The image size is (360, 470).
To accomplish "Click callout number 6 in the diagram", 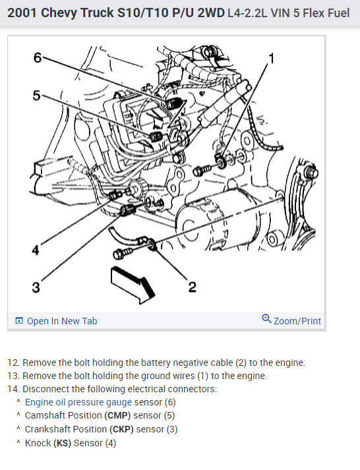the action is tap(38, 57).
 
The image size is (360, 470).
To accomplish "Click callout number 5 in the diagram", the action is tap(36, 96).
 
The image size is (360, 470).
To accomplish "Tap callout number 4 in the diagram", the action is tap(36, 250).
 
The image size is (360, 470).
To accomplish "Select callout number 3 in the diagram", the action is tap(36, 287).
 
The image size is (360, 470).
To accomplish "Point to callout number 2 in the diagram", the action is tap(192, 287).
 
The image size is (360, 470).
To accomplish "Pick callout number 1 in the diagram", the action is tap(272, 59).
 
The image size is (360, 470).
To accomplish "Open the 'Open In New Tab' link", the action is tap(56, 321).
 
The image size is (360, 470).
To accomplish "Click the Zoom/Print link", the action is tap(297, 321).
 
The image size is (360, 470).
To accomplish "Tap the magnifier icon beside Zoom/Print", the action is tap(266, 318).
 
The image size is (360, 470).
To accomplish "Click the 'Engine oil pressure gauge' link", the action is tap(78, 402).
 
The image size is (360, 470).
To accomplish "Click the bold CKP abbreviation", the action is tap(121, 429).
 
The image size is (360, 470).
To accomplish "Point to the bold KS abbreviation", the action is tap(63, 443).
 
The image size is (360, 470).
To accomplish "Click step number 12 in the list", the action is tap(13, 363).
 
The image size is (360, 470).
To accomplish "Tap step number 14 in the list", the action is tap(13, 389).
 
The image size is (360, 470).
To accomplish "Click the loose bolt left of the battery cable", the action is tap(123, 253).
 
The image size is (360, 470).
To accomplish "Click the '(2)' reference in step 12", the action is tap(241, 363).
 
